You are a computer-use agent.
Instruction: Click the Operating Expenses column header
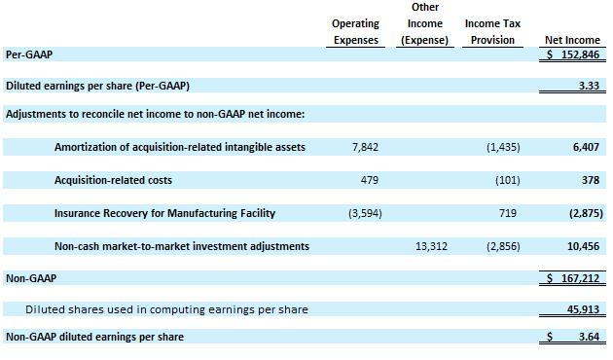coord(356,32)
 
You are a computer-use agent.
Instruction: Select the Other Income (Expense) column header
coord(425,23)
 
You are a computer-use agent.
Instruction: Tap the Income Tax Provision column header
coord(492,32)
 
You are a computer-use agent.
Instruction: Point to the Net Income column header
coord(572,40)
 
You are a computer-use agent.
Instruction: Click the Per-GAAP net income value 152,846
coord(580,54)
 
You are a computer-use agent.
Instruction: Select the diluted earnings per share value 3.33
coord(589,86)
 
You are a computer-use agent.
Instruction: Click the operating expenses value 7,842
coord(365,147)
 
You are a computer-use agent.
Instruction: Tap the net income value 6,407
coord(586,147)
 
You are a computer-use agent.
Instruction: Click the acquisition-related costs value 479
coord(370,180)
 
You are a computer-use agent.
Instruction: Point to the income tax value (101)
coord(508,180)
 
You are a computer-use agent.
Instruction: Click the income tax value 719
coord(508,213)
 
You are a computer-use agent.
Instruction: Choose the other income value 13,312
coord(431,246)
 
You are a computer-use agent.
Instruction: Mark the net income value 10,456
coord(583,246)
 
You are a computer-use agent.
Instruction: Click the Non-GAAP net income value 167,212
coord(580,278)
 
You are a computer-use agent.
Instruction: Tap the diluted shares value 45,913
coord(583,309)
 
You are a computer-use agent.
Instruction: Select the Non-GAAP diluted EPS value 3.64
coord(589,337)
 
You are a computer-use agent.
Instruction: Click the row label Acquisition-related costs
coord(113,180)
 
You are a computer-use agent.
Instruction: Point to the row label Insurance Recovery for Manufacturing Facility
coord(164,213)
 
